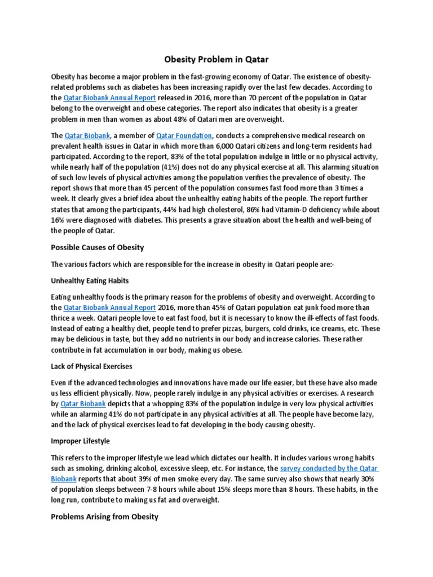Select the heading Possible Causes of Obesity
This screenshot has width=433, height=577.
pos(97,247)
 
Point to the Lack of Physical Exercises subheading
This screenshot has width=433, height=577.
pos(91,366)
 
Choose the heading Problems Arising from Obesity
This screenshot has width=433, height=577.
pos(105,516)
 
